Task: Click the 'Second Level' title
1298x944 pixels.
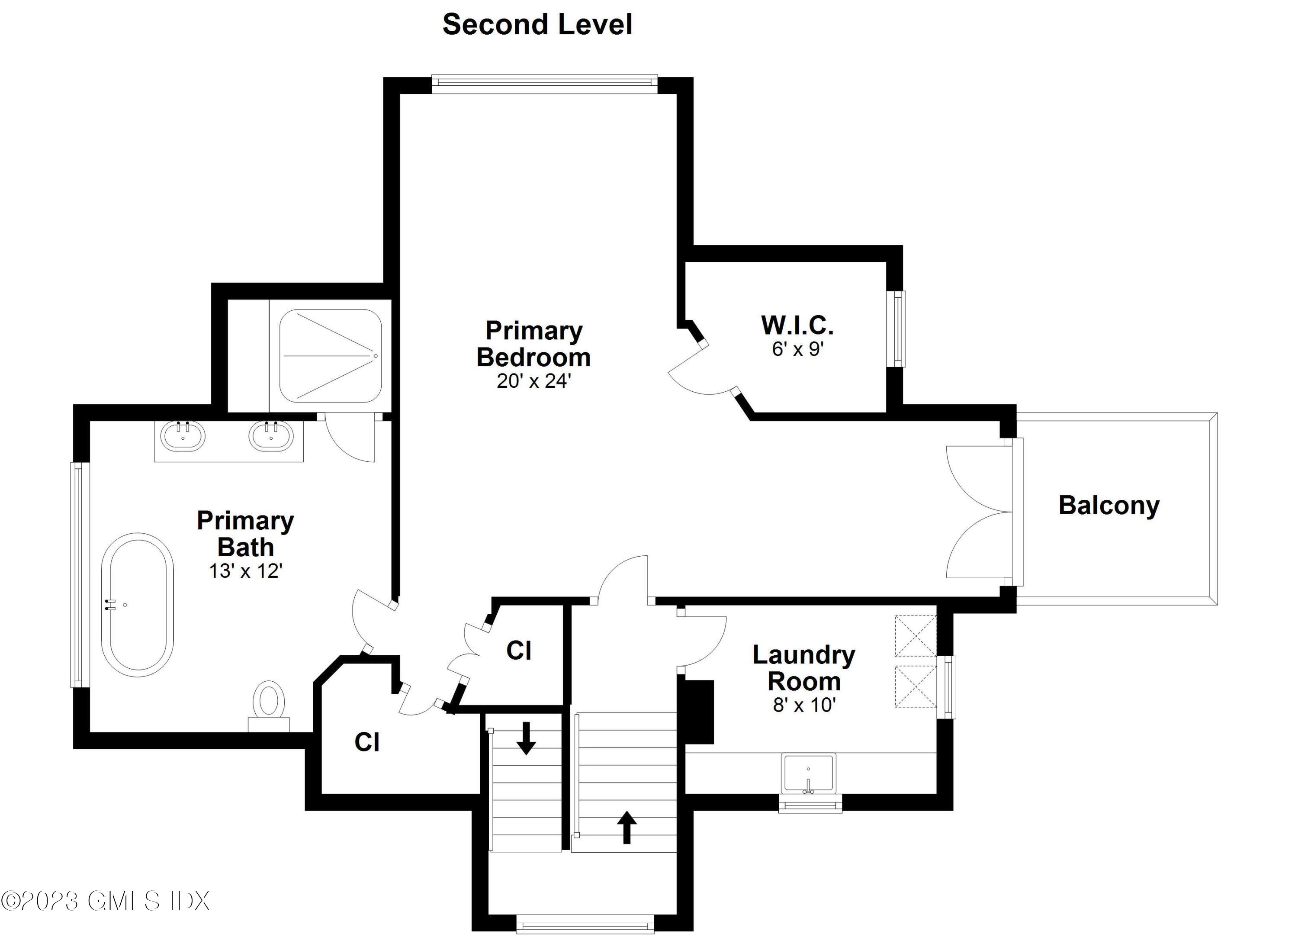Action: point(537,25)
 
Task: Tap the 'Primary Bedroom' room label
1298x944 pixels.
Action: point(533,344)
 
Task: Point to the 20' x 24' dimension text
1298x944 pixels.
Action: point(534,381)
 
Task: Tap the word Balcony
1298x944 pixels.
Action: point(1109,506)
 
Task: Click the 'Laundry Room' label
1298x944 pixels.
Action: point(804,668)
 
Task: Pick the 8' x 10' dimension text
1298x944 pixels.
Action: point(804,705)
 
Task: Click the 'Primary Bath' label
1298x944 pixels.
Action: point(245,534)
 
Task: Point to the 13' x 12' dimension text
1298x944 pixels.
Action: point(245,571)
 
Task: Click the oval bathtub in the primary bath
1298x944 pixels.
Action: point(137,605)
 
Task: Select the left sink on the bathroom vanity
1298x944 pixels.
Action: point(183,436)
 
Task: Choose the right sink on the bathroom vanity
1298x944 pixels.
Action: point(271,436)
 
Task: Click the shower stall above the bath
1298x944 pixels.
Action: point(330,356)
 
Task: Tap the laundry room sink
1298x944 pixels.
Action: point(809,773)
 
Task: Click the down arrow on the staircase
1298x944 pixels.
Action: point(526,738)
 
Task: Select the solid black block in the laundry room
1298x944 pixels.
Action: point(696,712)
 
